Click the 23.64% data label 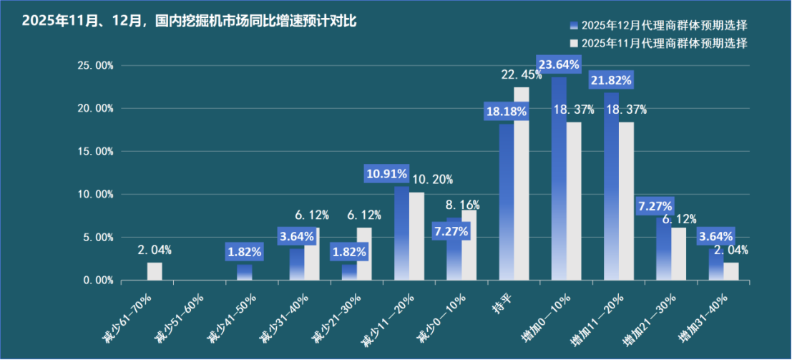click(559, 64)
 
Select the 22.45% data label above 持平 click(522, 74)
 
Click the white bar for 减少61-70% click(155, 271)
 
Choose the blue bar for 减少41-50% click(245, 273)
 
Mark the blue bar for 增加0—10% click(559, 179)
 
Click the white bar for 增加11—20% click(626, 201)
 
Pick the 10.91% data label click(387, 173)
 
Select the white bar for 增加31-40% click(730, 271)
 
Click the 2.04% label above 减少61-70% click(155, 250)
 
